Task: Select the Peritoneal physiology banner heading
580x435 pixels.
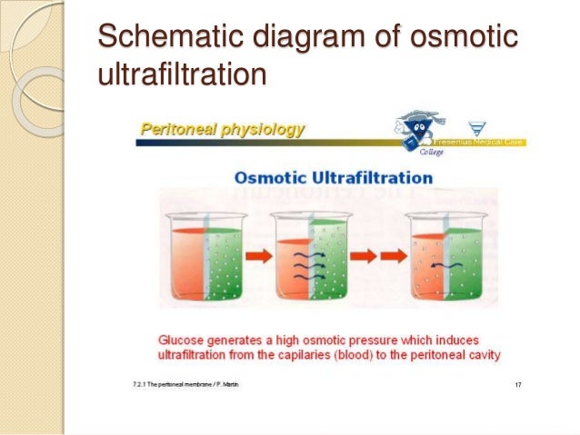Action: [x=222, y=130]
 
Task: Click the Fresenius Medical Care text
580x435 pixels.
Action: [x=485, y=143]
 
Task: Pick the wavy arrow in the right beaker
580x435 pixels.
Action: [x=442, y=264]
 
